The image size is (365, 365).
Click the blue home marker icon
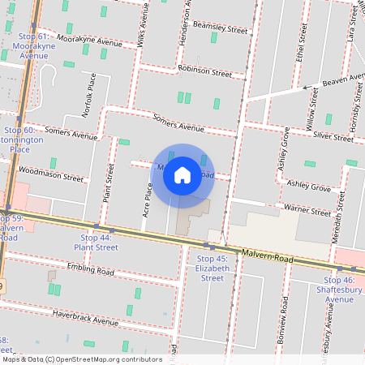tap(182, 174)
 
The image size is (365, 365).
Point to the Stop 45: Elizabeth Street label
tap(211, 268)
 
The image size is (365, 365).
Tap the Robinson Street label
tap(204, 71)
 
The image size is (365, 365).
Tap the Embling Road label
tap(90, 269)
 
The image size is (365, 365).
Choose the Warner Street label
tap(307, 210)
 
